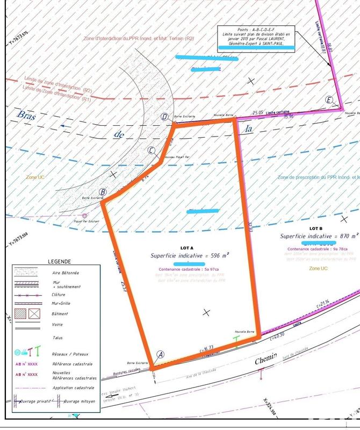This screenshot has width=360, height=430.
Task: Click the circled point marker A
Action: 160,354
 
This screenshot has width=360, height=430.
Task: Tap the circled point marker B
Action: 103,192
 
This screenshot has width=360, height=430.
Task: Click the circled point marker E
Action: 330,99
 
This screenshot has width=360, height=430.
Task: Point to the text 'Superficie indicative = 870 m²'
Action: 319,235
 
